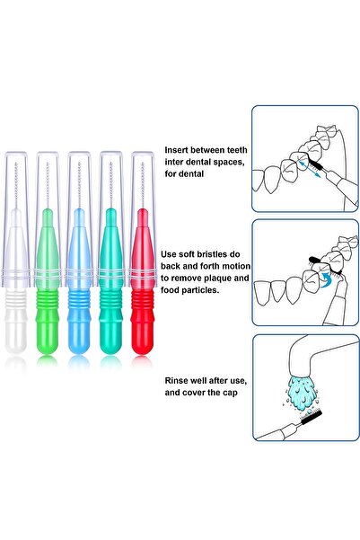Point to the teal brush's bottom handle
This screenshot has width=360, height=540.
coord(111,334)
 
